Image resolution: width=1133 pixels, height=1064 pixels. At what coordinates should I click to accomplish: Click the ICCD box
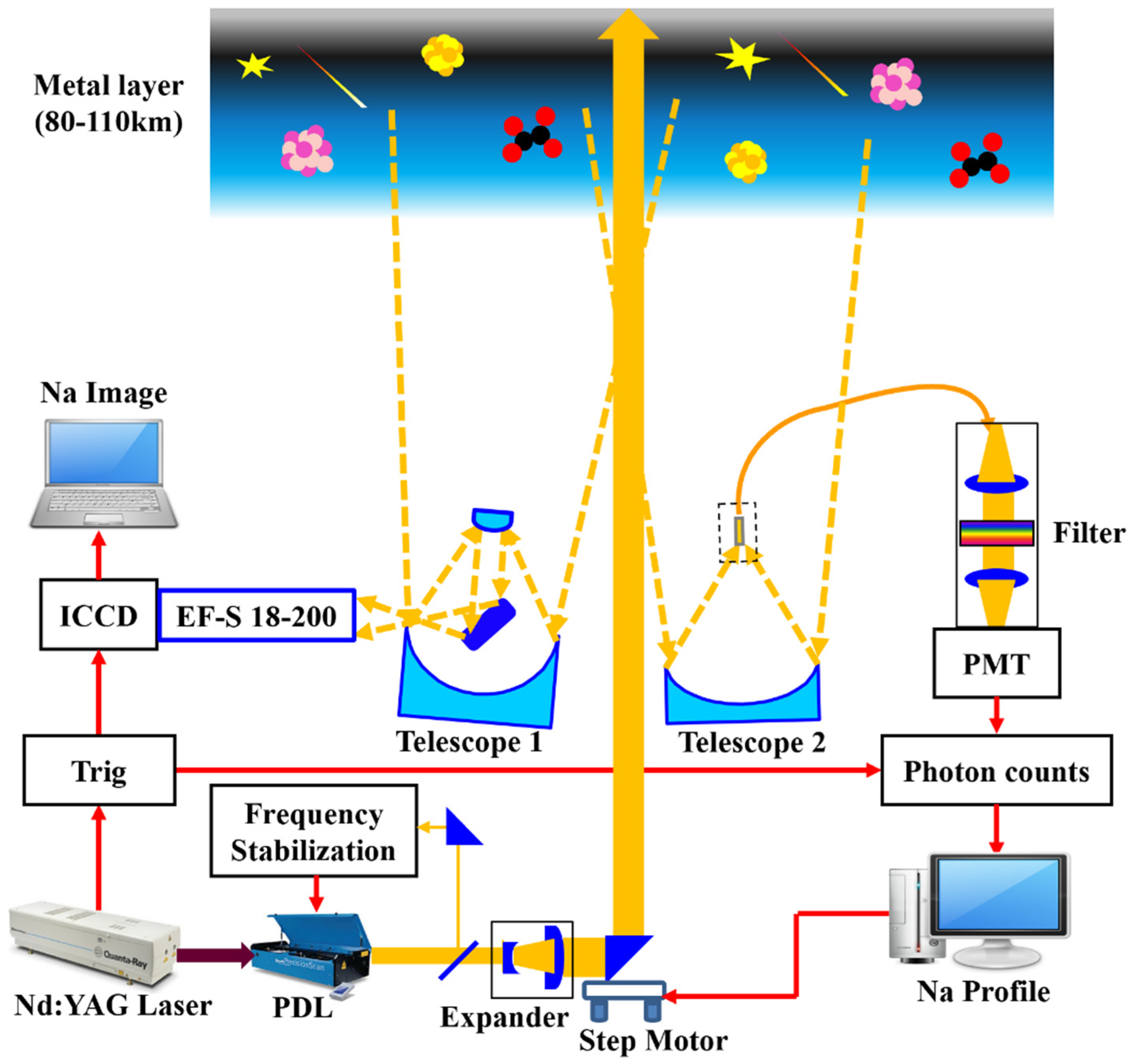click(99, 615)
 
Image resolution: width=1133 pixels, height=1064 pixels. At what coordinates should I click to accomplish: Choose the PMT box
click(996, 663)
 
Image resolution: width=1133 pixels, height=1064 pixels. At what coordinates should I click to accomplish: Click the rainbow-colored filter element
click(996, 533)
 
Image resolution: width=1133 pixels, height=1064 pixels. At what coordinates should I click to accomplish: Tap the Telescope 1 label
click(469, 742)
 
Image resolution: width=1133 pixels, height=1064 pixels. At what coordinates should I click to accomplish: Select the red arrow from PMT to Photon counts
click(996, 716)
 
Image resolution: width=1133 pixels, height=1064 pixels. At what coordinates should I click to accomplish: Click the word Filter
click(1088, 533)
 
